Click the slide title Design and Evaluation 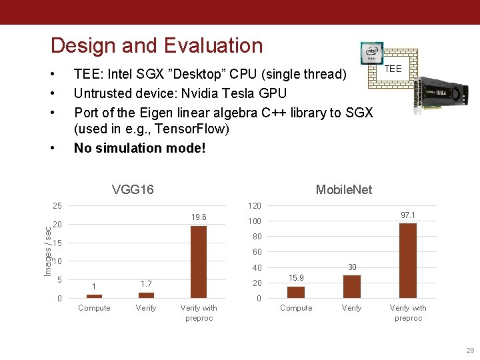point(157,45)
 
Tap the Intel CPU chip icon point(371,53)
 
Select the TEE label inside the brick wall point(393,69)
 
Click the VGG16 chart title point(133,189)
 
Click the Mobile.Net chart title point(343,190)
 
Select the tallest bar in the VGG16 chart point(198,261)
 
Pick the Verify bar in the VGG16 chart point(146,295)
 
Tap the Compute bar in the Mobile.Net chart point(295,292)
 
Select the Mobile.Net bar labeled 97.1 point(407,260)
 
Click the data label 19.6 point(198,217)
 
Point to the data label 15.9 point(296,277)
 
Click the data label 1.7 point(146,284)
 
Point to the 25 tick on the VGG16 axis point(57,205)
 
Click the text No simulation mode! point(140,147)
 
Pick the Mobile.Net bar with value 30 point(351,287)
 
